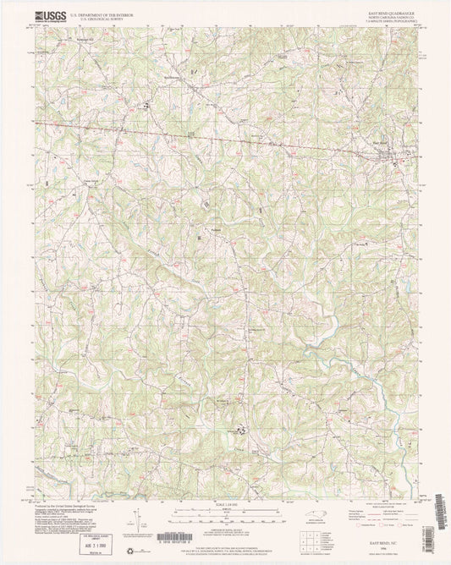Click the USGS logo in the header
[x=47, y=16]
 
